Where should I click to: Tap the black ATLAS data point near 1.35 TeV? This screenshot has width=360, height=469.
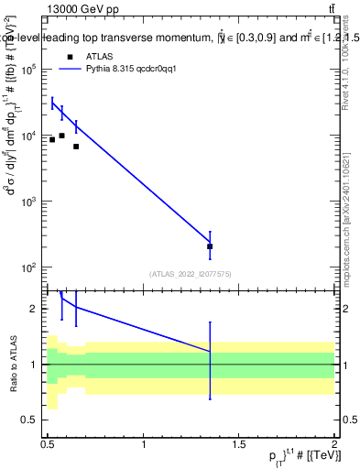pos(211,246)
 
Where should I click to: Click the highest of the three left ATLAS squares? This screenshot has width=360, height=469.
pos(61,136)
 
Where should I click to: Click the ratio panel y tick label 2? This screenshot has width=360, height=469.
pos(35,309)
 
